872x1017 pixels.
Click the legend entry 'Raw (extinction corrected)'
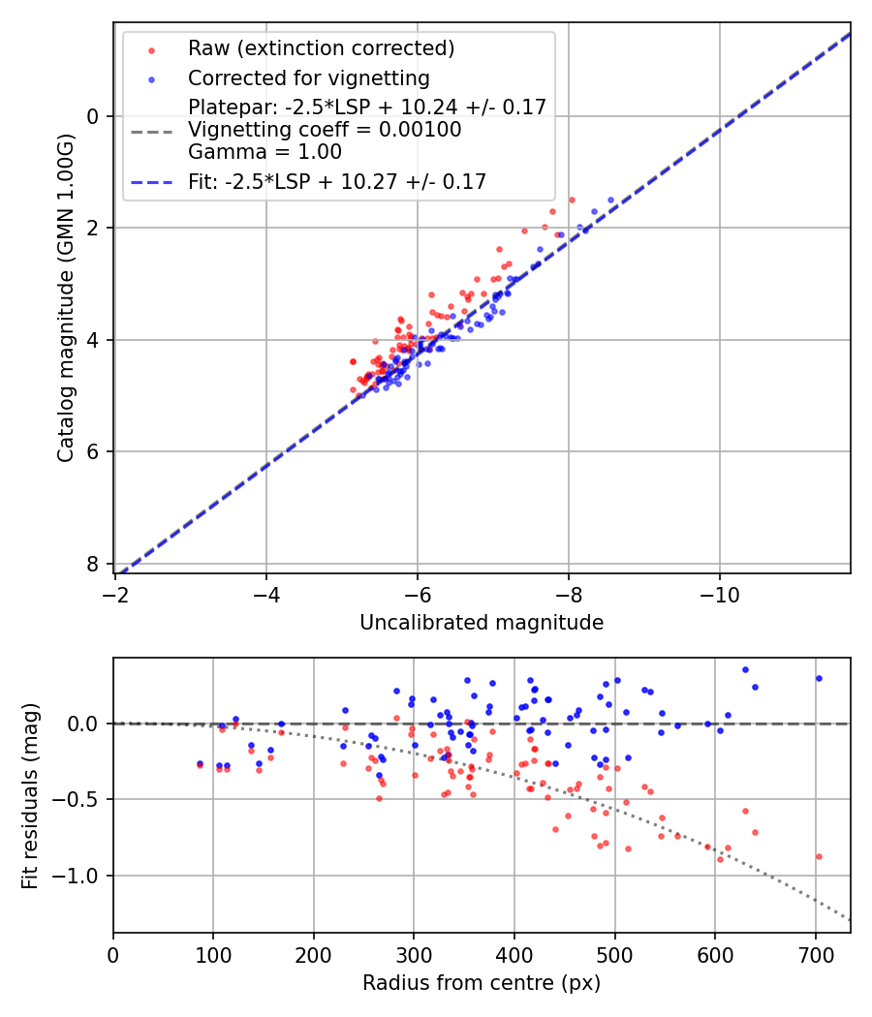pos(321,48)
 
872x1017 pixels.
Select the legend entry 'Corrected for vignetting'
pos(308,77)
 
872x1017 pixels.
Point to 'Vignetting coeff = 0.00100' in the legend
pos(325,130)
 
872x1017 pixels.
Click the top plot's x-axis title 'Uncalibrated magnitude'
pos(482,623)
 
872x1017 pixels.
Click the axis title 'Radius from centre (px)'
pos(482,983)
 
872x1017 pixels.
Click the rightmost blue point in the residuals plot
pos(819,678)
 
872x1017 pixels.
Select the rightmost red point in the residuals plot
pos(819,856)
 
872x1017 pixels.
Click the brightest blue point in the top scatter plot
pos(610,200)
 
